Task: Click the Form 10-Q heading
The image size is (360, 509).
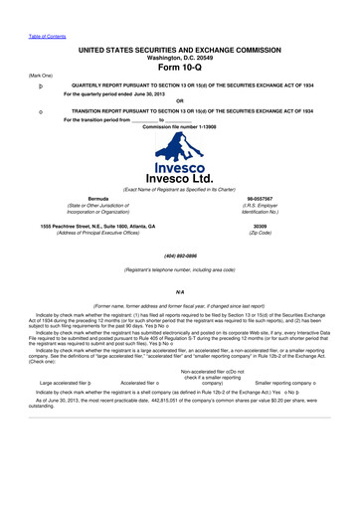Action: [180, 69]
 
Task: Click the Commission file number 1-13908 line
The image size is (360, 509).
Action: [179, 126]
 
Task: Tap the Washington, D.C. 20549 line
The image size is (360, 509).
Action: [180, 58]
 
